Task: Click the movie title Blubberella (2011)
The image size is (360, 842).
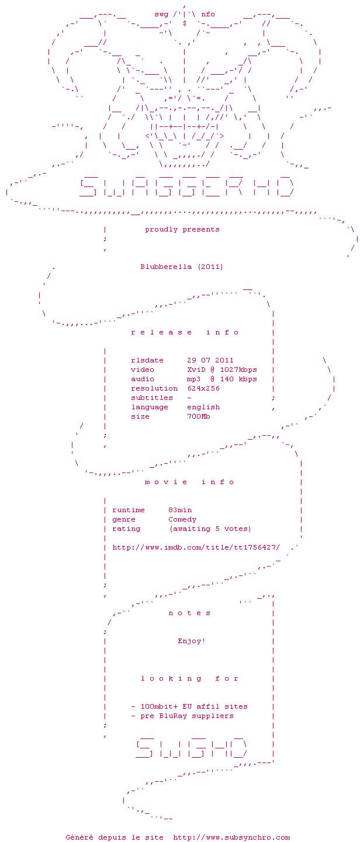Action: (181, 267)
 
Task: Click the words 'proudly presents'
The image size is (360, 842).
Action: (182, 229)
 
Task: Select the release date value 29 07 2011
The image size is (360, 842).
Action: (210, 360)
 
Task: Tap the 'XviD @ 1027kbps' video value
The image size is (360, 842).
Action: (222, 370)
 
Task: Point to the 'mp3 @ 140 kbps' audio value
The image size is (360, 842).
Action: (222, 379)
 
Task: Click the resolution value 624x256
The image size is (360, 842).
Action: (203, 388)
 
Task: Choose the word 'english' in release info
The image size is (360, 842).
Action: (203, 407)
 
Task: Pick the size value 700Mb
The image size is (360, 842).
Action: (199, 416)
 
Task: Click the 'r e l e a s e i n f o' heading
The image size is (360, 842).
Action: (185, 332)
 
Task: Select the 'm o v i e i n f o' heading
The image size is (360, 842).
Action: (189, 482)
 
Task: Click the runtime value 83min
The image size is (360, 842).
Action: (180, 510)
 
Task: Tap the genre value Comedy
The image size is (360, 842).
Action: (182, 519)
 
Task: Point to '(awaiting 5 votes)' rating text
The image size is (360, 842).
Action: (210, 529)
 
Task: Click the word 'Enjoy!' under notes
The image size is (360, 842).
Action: (192, 641)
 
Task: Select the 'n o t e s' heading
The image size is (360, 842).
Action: (189, 613)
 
